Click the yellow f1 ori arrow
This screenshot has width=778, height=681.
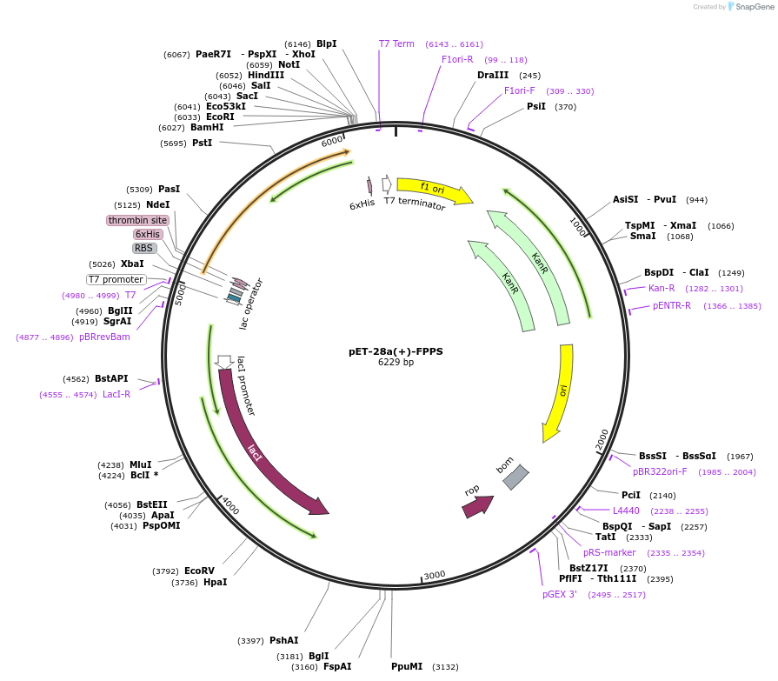point(433,189)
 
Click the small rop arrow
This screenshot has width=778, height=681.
point(477,505)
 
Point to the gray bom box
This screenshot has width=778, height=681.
point(515,477)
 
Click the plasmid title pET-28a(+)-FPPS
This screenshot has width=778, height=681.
point(396,351)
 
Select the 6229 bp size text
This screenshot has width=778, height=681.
point(396,363)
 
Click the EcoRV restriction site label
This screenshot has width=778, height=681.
point(199,571)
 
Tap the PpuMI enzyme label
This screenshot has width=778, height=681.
point(407,666)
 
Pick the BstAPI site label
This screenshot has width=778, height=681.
point(111,378)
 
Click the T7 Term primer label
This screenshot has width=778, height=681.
point(396,43)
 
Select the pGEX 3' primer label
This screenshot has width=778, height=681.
point(560,594)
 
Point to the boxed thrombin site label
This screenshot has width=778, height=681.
point(137,220)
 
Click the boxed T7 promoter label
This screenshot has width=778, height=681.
point(116,279)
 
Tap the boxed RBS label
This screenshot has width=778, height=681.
point(144,248)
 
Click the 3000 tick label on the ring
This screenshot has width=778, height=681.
point(435,575)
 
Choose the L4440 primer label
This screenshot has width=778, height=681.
point(626,511)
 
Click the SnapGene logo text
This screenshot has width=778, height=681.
point(750,7)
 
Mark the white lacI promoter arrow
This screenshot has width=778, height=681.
point(224,362)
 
